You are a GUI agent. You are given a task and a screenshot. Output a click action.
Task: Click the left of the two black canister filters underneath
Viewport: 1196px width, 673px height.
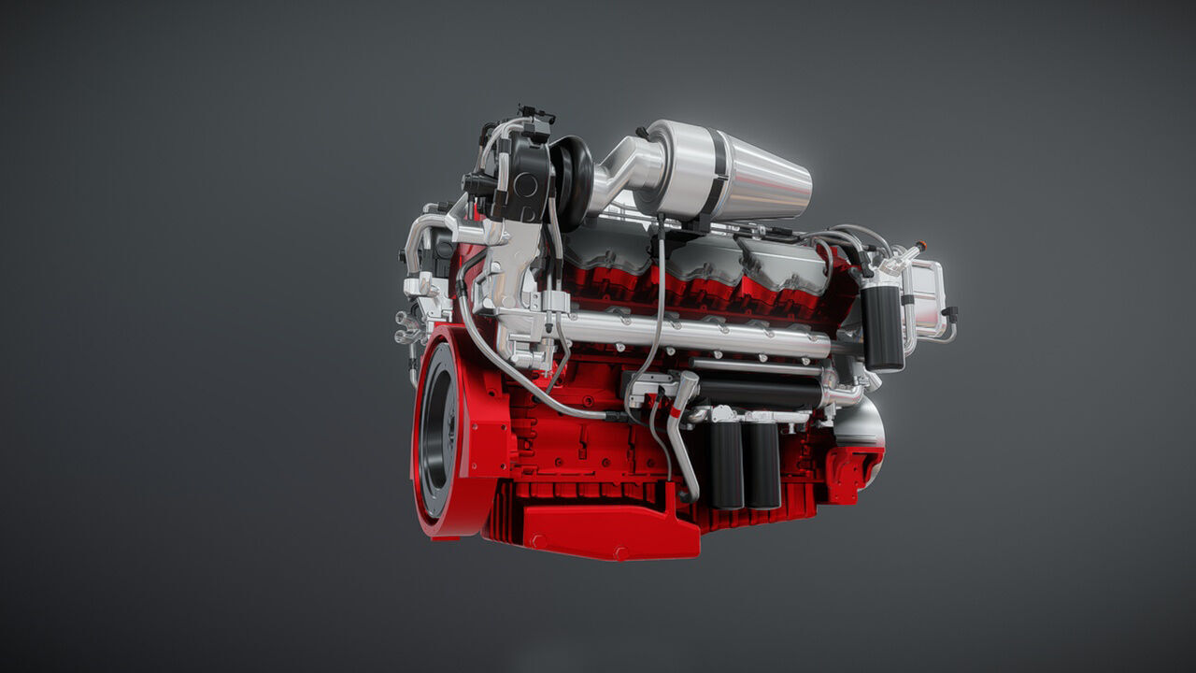(x=725, y=464)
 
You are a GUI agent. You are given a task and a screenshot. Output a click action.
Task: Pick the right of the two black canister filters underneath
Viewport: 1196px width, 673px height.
(x=762, y=464)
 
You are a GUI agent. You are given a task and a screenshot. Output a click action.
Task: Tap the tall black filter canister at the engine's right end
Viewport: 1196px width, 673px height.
(x=882, y=327)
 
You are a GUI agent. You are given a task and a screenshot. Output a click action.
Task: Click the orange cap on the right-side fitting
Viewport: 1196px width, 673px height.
(x=922, y=244)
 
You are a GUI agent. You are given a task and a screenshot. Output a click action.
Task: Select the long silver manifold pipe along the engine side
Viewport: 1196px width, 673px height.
(x=691, y=332)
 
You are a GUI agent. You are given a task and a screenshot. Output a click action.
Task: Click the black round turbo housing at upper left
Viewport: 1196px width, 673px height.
(x=523, y=182)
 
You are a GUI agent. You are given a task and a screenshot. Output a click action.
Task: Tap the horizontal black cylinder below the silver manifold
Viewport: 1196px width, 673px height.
(x=757, y=391)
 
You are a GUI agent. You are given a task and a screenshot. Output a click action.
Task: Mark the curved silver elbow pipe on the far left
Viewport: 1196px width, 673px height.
(x=415, y=238)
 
